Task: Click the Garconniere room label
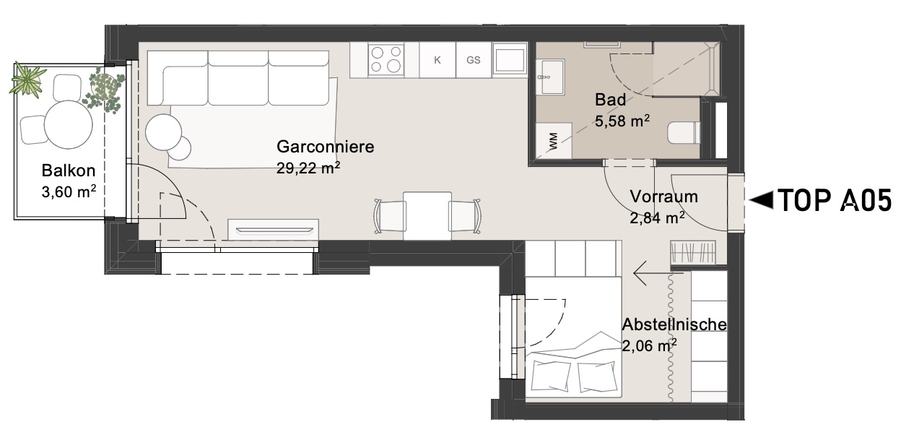pos(325,147)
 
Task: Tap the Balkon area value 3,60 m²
pos(69,191)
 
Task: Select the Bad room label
pos(610,100)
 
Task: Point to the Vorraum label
pos(663,197)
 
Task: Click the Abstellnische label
pos(674,324)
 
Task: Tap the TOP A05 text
pos(835,200)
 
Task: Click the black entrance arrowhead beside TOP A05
pos(762,200)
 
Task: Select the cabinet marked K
pos(438,61)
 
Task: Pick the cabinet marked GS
pos(474,61)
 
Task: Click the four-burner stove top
pos(386,61)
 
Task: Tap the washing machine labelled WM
pos(554,141)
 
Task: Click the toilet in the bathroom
pos(684,132)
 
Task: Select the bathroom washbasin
pos(550,77)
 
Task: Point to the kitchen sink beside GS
pos(510,59)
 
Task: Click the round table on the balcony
pos(69,125)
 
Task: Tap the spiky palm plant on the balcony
pos(27,79)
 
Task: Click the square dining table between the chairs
pos(427,216)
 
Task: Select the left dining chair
pos(389,216)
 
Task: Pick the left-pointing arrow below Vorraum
pos(658,273)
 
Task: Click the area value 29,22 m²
pos(308,168)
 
